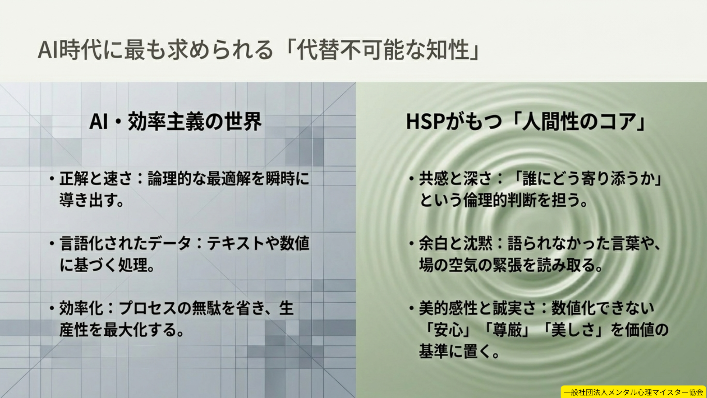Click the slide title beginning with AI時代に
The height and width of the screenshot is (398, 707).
tap(258, 50)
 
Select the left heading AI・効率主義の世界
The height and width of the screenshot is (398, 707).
tap(176, 122)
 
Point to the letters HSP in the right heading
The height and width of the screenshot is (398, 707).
tap(426, 122)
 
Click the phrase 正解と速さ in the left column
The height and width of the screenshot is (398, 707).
tap(96, 179)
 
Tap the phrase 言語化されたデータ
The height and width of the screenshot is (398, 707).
tap(125, 244)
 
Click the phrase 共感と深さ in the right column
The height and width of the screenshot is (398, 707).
tap(455, 179)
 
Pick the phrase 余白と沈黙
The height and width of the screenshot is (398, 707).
tap(456, 244)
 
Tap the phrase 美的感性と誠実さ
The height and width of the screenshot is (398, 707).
tap(478, 308)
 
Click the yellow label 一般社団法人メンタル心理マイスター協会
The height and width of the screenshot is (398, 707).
tap(633, 392)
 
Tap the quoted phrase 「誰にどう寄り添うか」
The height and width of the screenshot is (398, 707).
tap(585, 179)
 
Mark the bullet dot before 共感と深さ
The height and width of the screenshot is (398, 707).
tap(412, 179)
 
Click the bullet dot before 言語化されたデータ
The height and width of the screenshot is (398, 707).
tap(52, 244)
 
